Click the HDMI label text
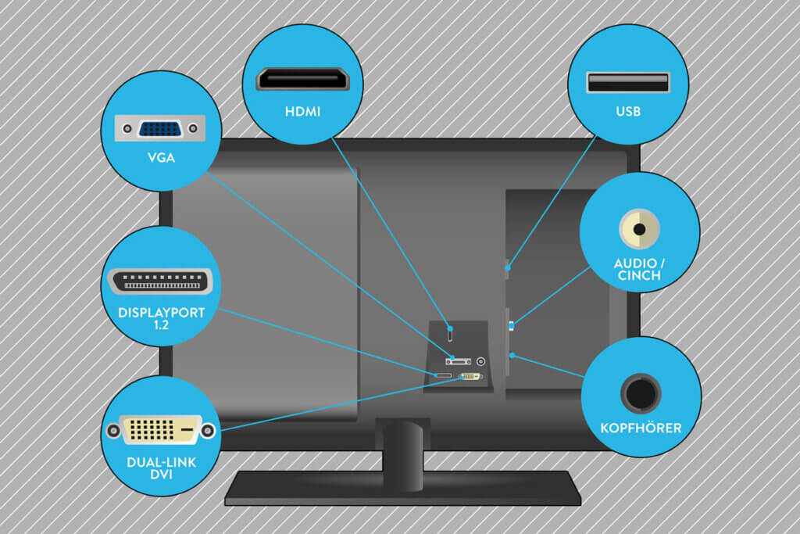302,111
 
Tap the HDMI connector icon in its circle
303,80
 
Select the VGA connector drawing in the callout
161,129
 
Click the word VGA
161,157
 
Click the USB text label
628,111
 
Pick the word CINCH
639,275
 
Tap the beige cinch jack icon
639,229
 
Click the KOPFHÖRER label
641,428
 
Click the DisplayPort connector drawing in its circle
159,281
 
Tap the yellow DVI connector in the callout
161,430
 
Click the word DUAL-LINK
161,461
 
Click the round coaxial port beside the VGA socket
480,362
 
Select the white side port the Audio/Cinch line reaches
511,325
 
